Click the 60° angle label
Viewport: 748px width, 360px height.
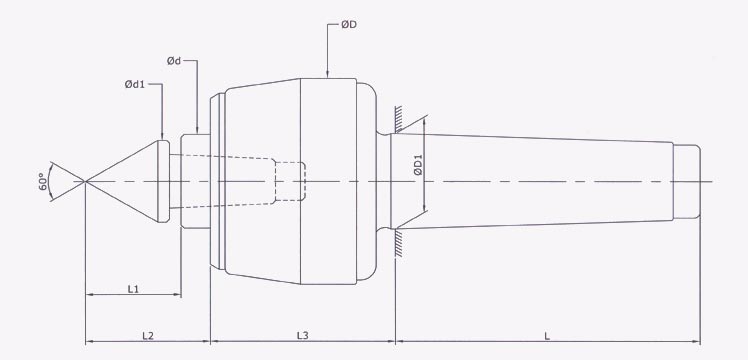coord(43,181)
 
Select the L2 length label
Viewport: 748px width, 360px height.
coord(147,334)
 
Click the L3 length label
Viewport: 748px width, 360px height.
coord(303,334)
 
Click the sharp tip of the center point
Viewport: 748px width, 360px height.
coord(86,181)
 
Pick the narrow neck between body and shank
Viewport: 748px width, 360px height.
coord(385,181)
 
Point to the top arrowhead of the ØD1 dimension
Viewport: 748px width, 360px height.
coord(427,121)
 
